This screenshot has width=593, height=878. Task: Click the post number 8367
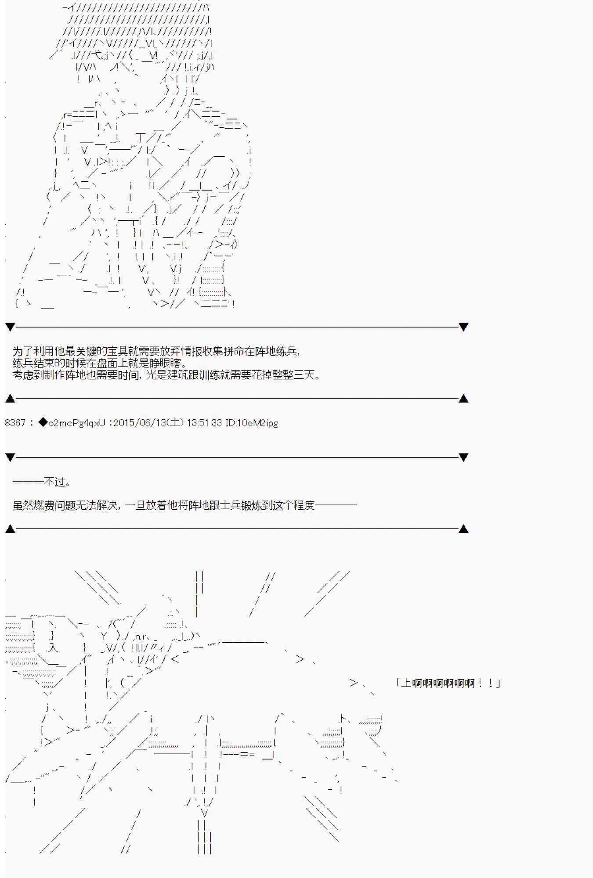pyautogui.click(x=15, y=423)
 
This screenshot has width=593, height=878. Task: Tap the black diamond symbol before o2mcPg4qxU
pyautogui.click(x=43, y=423)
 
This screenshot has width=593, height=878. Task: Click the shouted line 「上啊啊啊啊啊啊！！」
pyautogui.click(x=448, y=683)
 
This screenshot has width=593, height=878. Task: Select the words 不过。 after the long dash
pyautogui.click(x=58, y=482)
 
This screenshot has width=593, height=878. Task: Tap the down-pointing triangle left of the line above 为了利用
pyautogui.click(x=10, y=327)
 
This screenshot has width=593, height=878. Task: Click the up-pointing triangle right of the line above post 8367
pyautogui.click(x=463, y=399)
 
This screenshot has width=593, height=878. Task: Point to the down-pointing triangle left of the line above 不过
pyautogui.click(x=10, y=457)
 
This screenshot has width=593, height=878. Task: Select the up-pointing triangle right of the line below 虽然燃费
pyautogui.click(x=463, y=529)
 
